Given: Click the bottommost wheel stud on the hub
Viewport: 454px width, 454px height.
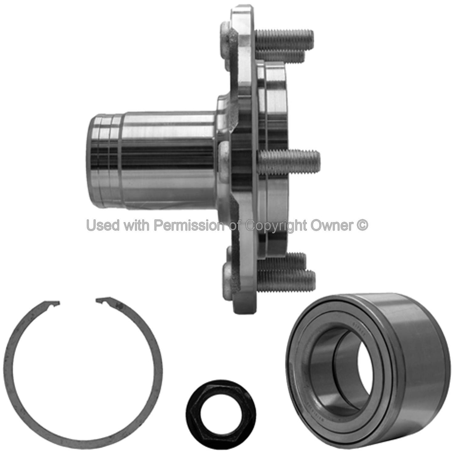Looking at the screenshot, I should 286,276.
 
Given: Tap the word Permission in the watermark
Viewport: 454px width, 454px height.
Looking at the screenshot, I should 189,225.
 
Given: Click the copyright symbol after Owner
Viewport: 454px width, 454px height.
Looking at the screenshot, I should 363,225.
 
